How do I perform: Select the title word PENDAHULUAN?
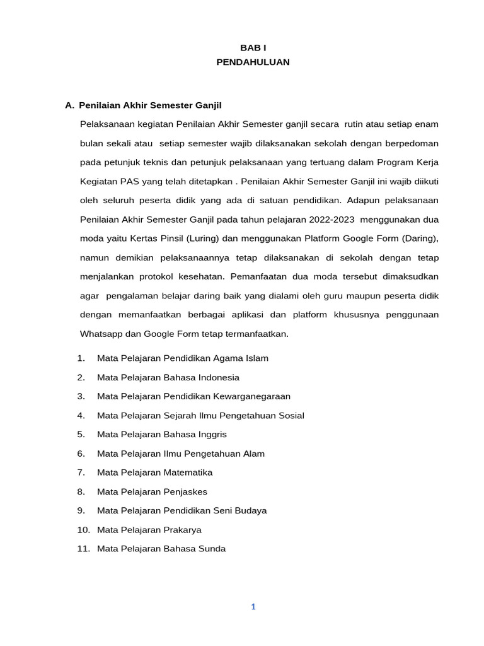[253, 62]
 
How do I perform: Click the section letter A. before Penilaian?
[69, 105]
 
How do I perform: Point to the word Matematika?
[188, 473]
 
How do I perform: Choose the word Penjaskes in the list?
[185, 491]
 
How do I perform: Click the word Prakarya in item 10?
[182, 530]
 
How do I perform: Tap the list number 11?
[83, 549]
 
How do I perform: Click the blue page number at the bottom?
[253, 607]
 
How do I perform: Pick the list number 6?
[81, 454]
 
